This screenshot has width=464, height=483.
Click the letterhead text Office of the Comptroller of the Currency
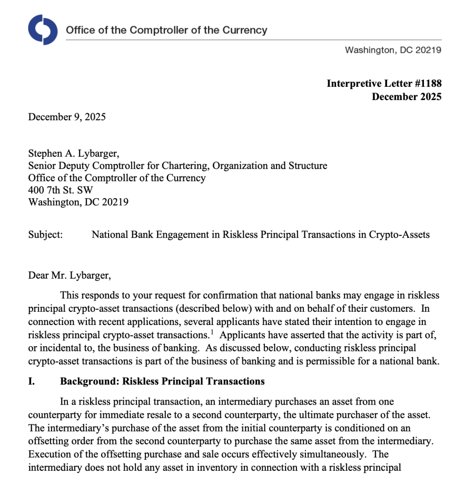pos(166,30)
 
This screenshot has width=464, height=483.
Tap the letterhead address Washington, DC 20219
pos(393,50)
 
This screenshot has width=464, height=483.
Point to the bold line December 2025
pos(406,97)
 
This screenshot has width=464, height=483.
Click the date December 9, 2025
pos(67,117)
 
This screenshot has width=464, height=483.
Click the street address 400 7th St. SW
pos(60,190)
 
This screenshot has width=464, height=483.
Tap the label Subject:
pos(45,234)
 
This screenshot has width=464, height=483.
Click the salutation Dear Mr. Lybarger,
pos(69,275)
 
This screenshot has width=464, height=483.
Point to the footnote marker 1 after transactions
pos(213,332)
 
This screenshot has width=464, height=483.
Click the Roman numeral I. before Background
pos(32,381)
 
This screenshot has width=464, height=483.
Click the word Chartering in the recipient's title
pos(187,166)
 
